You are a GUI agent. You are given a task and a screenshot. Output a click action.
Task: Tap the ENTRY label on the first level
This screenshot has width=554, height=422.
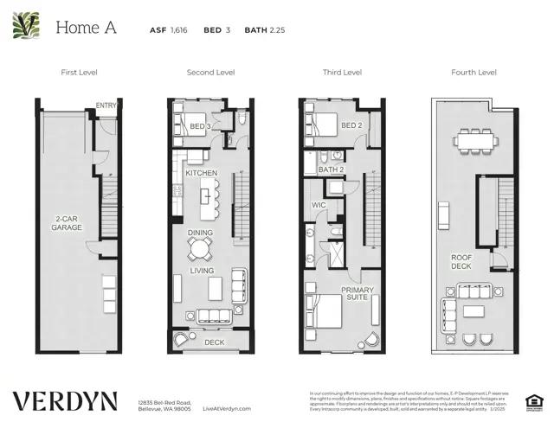[106, 106]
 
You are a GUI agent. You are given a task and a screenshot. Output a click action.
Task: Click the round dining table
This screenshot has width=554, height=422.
[200, 250]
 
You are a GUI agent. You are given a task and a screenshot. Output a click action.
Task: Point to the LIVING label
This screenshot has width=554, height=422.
[202, 271]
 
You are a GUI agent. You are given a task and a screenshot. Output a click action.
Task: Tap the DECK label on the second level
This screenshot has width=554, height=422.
[214, 342]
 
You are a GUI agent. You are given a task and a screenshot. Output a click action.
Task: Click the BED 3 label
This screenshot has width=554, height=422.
[200, 126]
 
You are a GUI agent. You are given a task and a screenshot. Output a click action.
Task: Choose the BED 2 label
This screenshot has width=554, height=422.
[351, 125]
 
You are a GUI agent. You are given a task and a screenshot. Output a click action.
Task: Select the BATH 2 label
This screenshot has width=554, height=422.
[332, 169]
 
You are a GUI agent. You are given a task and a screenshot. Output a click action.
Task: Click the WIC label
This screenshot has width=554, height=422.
[319, 205]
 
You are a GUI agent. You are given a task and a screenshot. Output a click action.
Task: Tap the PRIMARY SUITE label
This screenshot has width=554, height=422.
[356, 294]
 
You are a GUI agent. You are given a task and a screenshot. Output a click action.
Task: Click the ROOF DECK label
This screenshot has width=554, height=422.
[461, 262]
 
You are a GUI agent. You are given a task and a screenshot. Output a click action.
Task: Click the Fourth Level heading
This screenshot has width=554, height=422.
[473, 73]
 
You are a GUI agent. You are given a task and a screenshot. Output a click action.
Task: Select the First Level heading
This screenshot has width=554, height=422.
[79, 73]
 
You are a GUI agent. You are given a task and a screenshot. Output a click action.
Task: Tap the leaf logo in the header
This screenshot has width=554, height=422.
[26, 26]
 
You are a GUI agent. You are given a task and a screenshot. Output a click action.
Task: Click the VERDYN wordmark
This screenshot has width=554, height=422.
[66, 401]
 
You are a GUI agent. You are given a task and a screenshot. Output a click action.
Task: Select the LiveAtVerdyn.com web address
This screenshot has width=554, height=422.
[227, 407]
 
